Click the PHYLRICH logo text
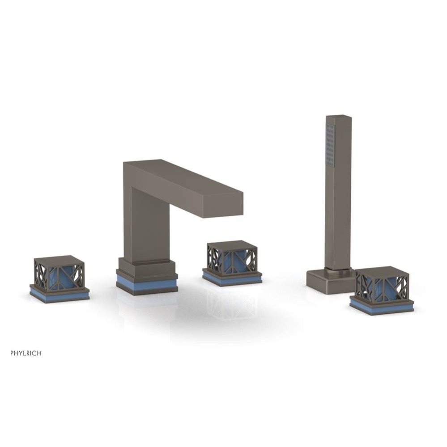click(x=26, y=353)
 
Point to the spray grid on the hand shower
click(x=330, y=145)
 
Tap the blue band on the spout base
click(x=147, y=284)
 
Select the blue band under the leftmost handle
click(x=59, y=295)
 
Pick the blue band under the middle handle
click(x=232, y=279)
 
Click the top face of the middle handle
click(x=232, y=245)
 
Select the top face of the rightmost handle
click(x=381, y=270)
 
